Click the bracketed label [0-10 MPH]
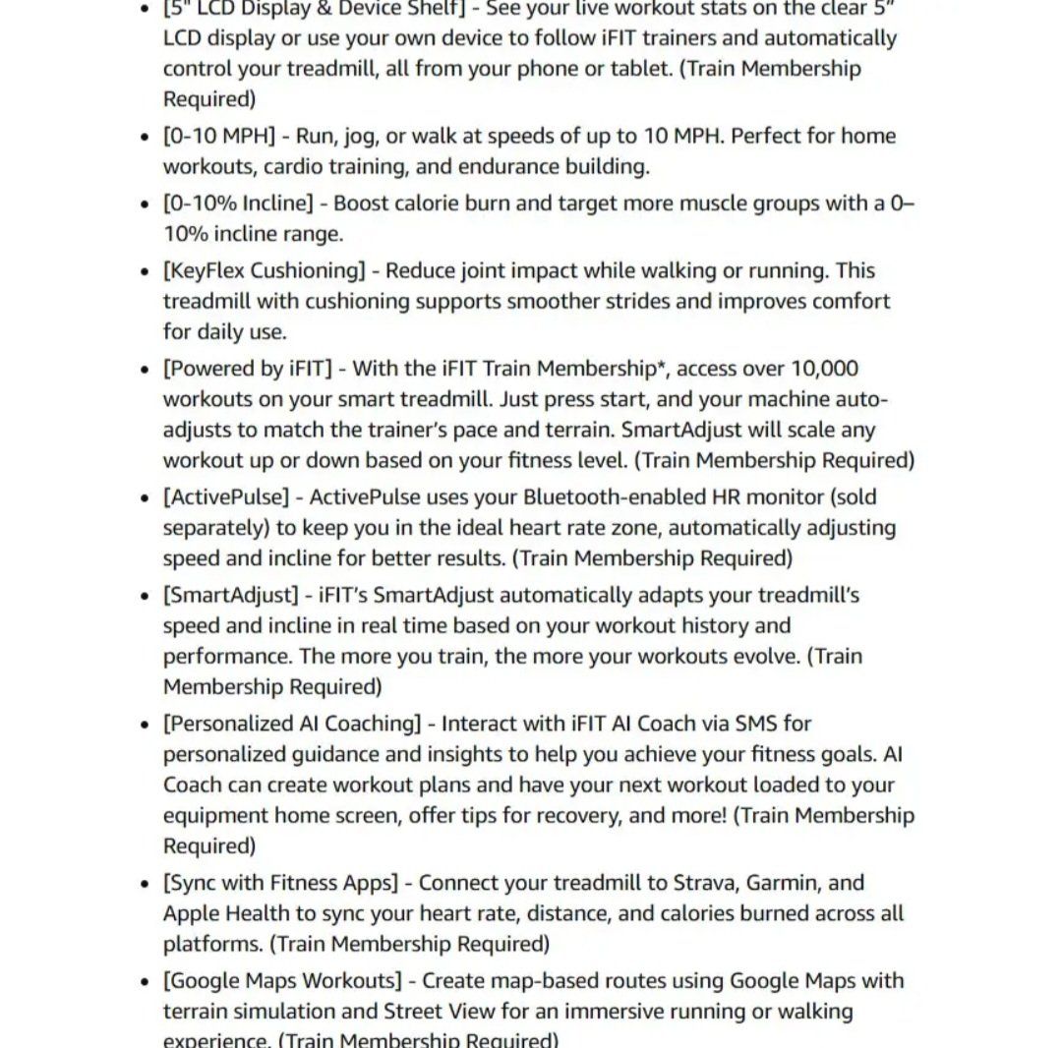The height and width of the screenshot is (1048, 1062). tap(219, 136)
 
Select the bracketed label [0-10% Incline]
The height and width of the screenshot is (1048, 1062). tap(238, 204)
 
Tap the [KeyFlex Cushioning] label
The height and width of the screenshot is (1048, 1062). tap(264, 270)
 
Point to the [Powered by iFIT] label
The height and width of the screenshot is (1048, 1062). tap(247, 369)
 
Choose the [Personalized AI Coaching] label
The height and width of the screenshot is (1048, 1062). tap(292, 724)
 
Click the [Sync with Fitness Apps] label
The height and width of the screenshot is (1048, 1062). tap(280, 883)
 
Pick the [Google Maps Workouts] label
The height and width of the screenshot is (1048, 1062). tap(282, 980)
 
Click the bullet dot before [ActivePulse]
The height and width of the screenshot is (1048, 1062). tap(145, 498)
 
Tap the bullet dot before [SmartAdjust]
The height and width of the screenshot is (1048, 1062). tap(145, 597)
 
